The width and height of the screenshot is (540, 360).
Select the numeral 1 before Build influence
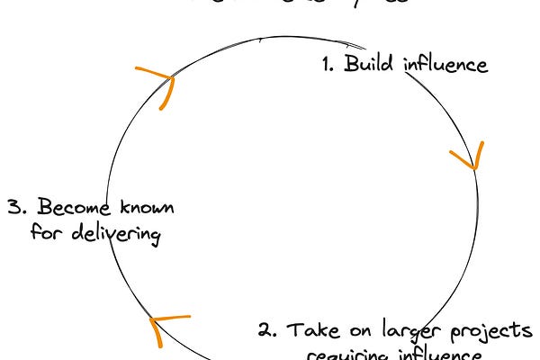[328, 65]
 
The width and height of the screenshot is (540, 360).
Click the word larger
[409, 330]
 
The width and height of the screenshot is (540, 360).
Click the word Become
[64, 209]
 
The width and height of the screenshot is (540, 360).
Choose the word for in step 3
[44, 235]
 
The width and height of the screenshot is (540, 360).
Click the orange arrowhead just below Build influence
[467, 157]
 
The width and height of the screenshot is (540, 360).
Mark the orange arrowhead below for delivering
[164, 327]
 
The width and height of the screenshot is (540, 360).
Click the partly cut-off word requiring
[345, 355]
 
